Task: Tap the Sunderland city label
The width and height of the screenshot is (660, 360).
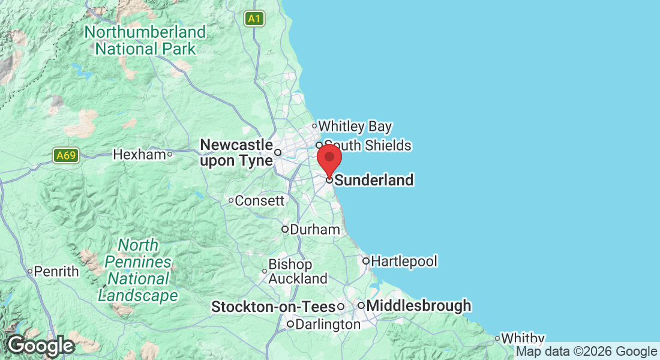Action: click(x=374, y=180)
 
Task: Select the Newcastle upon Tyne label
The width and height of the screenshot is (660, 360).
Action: click(x=236, y=153)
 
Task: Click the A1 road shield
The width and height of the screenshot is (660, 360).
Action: click(x=254, y=19)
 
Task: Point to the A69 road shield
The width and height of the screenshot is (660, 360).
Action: click(x=65, y=156)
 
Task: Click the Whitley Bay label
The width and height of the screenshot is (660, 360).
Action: click(x=355, y=127)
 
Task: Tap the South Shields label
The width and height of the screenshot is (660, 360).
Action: click(x=367, y=146)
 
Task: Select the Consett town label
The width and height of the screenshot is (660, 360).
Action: click(x=259, y=201)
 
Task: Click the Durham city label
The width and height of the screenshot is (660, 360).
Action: click(x=314, y=230)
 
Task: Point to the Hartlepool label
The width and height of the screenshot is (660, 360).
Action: click(x=404, y=262)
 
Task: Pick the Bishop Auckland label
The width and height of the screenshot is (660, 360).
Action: click(x=298, y=272)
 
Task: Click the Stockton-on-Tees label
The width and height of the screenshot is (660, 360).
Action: click(x=273, y=307)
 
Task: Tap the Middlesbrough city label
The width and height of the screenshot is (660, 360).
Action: click(x=418, y=306)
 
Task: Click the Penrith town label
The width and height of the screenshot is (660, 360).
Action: click(x=56, y=272)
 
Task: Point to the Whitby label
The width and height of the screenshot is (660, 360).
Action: click(x=523, y=339)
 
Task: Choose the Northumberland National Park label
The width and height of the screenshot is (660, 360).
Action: click(x=145, y=40)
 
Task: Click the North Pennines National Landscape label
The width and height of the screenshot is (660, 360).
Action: click(x=138, y=271)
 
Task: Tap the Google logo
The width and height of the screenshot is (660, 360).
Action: click(x=40, y=346)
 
